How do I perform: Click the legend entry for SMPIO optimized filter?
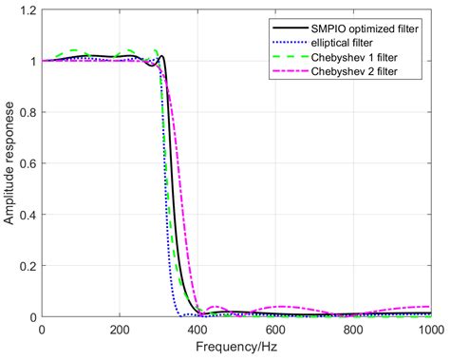click(362, 27)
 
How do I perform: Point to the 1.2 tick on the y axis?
click(28, 10)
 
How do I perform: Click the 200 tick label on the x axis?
click(119, 330)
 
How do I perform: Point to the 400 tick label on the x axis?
click(197, 330)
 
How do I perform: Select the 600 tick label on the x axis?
click(274, 330)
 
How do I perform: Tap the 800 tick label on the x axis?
click(352, 330)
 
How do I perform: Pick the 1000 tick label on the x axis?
click(428, 330)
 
